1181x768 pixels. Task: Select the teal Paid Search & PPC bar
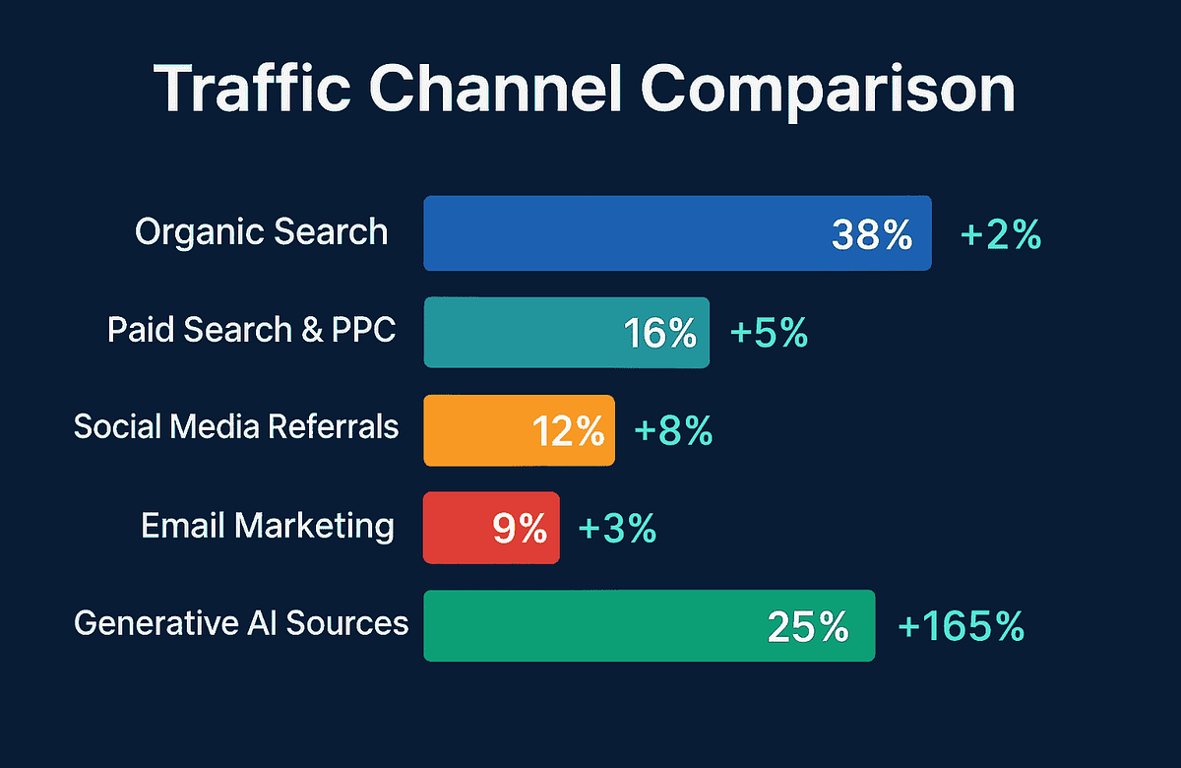pos(522,332)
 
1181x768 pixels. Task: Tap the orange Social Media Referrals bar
pos(472,430)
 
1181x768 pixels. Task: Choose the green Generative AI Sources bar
pos(590,625)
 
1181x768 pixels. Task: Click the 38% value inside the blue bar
pos(872,235)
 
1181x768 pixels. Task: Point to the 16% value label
pos(660,334)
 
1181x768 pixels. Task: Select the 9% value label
pos(520,529)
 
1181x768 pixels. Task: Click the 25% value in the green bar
pos(807,626)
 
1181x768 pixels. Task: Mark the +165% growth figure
pos(961,626)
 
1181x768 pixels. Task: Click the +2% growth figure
pos(1000,235)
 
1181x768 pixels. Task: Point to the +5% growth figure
pos(769,334)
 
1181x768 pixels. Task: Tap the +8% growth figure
pos(674,431)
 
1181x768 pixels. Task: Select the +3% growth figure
pos(617,529)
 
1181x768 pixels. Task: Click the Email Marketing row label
pos(268,526)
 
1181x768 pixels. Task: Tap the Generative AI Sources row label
pos(241,623)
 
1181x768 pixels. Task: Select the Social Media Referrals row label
pos(236,427)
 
